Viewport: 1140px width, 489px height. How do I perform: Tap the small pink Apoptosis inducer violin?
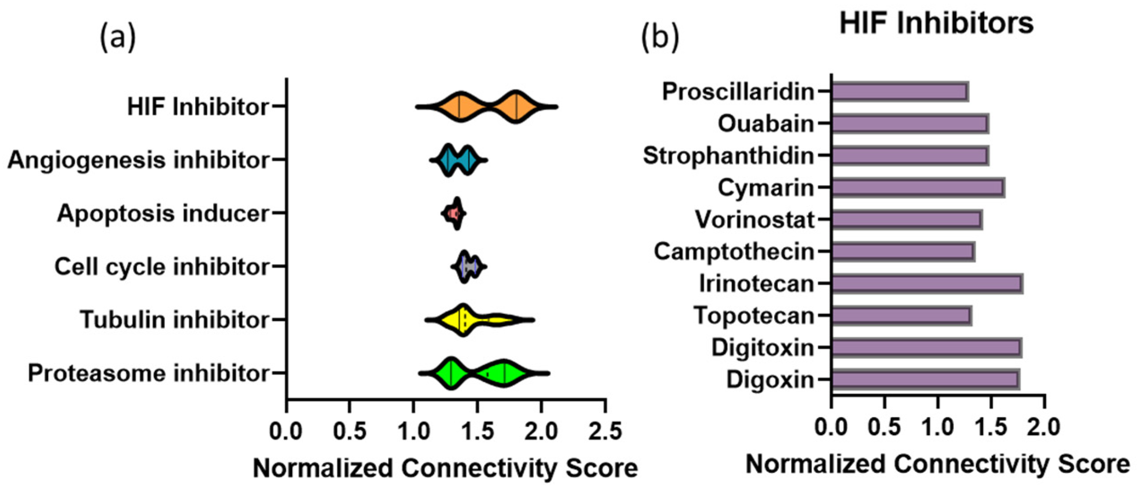click(454, 213)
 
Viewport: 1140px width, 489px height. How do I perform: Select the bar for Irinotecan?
click(926, 284)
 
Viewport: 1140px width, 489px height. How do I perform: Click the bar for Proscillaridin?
click(900, 92)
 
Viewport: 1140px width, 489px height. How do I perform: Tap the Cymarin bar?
click(917, 188)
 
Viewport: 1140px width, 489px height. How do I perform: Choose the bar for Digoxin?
click(925, 380)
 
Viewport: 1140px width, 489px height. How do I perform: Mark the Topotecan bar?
click(901, 316)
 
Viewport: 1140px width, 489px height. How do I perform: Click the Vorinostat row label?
click(755, 220)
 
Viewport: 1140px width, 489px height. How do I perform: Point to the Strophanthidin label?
click(728, 156)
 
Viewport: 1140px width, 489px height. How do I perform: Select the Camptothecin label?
click(734, 252)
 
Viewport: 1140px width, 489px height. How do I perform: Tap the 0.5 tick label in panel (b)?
click(884, 427)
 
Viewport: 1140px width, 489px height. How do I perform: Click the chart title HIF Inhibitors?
click(936, 23)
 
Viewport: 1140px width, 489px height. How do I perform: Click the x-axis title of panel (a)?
click(445, 468)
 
